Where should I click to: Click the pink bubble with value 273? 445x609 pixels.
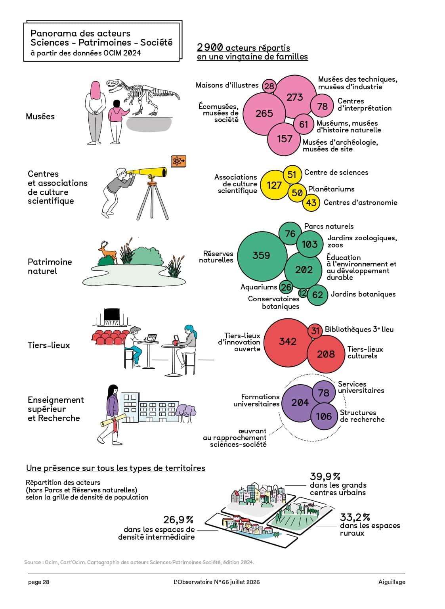click(x=294, y=97)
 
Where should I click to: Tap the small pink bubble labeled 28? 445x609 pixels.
click(x=269, y=86)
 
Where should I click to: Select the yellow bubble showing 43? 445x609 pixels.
click(x=311, y=203)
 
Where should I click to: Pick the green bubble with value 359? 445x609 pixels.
click(x=262, y=256)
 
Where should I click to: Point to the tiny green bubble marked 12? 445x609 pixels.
click(x=303, y=293)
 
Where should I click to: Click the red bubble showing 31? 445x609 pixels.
click(x=315, y=331)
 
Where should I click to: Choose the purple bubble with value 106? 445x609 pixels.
click(x=324, y=416)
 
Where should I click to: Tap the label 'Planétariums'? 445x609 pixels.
click(x=331, y=189)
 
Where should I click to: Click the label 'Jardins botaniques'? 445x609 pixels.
click(x=363, y=294)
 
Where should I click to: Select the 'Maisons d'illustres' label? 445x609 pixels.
click(x=227, y=85)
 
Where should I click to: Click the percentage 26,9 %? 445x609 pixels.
click(x=178, y=520)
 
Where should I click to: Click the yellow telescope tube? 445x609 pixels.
click(x=147, y=172)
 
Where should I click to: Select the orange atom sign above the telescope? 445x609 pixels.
click(x=178, y=161)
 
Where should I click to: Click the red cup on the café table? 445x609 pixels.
click(x=176, y=342)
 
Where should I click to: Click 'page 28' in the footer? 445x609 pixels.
click(x=38, y=582)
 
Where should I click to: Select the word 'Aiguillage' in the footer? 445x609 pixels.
click(x=392, y=582)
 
